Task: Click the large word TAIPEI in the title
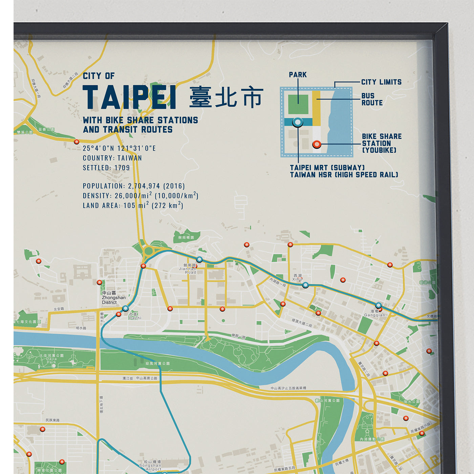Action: (x=129, y=98)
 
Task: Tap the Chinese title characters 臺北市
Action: (x=226, y=97)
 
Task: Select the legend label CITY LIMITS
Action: (x=381, y=82)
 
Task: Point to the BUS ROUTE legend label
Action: (x=372, y=99)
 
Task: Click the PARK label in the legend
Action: (x=298, y=75)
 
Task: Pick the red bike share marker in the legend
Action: (x=317, y=144)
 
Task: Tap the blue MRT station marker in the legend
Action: (x=298, y=122)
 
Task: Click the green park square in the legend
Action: (x=298, y=104)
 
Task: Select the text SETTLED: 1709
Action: (x=106, y=168)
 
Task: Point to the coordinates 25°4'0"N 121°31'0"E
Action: (x=119, y=148)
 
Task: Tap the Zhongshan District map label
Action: (x=113, y=298)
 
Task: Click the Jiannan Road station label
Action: (x=188, y=269)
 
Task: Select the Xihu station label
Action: (x=298, y=278)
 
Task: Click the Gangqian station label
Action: (x=374, y=313)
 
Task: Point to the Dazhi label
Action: (x=135, y=316)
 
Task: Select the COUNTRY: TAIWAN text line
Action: (x=112, y=158)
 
